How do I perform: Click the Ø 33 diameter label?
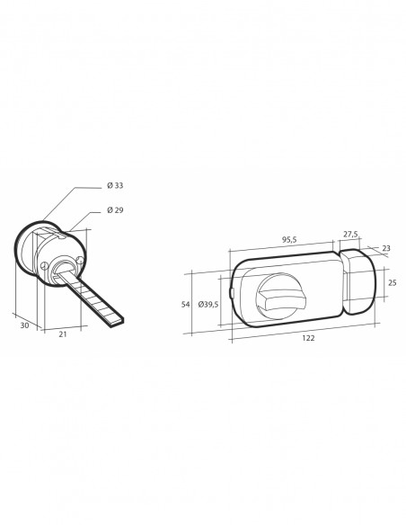(x=115, y=185)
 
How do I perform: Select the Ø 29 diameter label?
(x=115, y=210)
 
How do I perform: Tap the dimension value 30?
(x=24, y=325)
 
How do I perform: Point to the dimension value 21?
(x=63, y=334)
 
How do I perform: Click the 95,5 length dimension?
(x=289, y=240)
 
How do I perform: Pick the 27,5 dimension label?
(x=350, y=235)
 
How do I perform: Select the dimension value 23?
(x=386, y=248)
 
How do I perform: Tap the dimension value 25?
(x=393, y=282)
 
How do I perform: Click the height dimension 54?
(x=186, y=305)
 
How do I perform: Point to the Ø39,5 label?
(x=208, y=305)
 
